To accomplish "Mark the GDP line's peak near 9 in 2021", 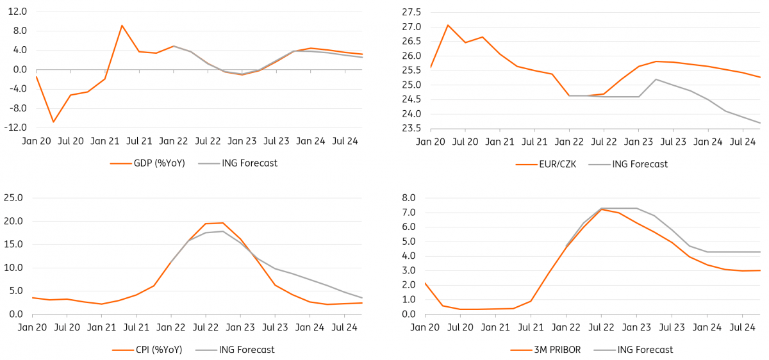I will point(122,26).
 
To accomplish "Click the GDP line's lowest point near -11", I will point(53,122).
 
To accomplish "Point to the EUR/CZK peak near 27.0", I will point(448,25).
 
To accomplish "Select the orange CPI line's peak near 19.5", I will point(222,223).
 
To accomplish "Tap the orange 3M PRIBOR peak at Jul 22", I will point(601,209).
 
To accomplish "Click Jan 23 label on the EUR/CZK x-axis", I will point(638,142).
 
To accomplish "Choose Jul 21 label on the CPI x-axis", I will point(136,327).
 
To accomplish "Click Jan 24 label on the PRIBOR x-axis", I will point(707,327).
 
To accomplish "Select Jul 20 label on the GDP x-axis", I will point(70,142).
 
